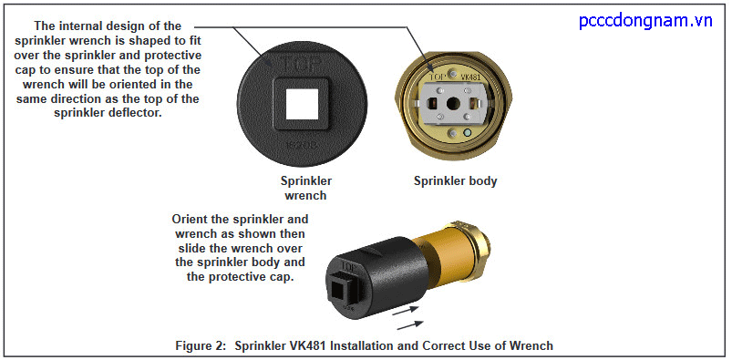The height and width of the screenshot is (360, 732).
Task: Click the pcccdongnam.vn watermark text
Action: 645,20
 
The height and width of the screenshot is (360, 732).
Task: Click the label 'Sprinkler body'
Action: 455,180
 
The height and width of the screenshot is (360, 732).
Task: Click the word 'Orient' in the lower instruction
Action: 193,220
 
